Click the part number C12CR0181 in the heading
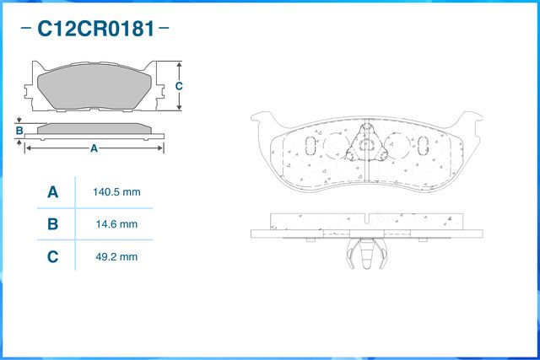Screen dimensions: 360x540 94,30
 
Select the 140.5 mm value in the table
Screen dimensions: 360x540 116,192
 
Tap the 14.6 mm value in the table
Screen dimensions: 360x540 116,224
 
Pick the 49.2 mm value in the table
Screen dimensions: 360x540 116,256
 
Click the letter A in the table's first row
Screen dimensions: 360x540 52,192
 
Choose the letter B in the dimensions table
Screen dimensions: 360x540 52,224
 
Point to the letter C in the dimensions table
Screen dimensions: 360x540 52,256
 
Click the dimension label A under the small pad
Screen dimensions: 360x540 94,148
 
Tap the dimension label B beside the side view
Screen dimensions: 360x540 19,131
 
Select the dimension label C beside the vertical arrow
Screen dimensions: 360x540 179,86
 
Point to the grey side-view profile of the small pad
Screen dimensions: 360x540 94,129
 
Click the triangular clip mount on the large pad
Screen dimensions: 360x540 367,144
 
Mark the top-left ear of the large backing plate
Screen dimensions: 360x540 261,121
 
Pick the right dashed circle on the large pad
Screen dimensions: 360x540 397,145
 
